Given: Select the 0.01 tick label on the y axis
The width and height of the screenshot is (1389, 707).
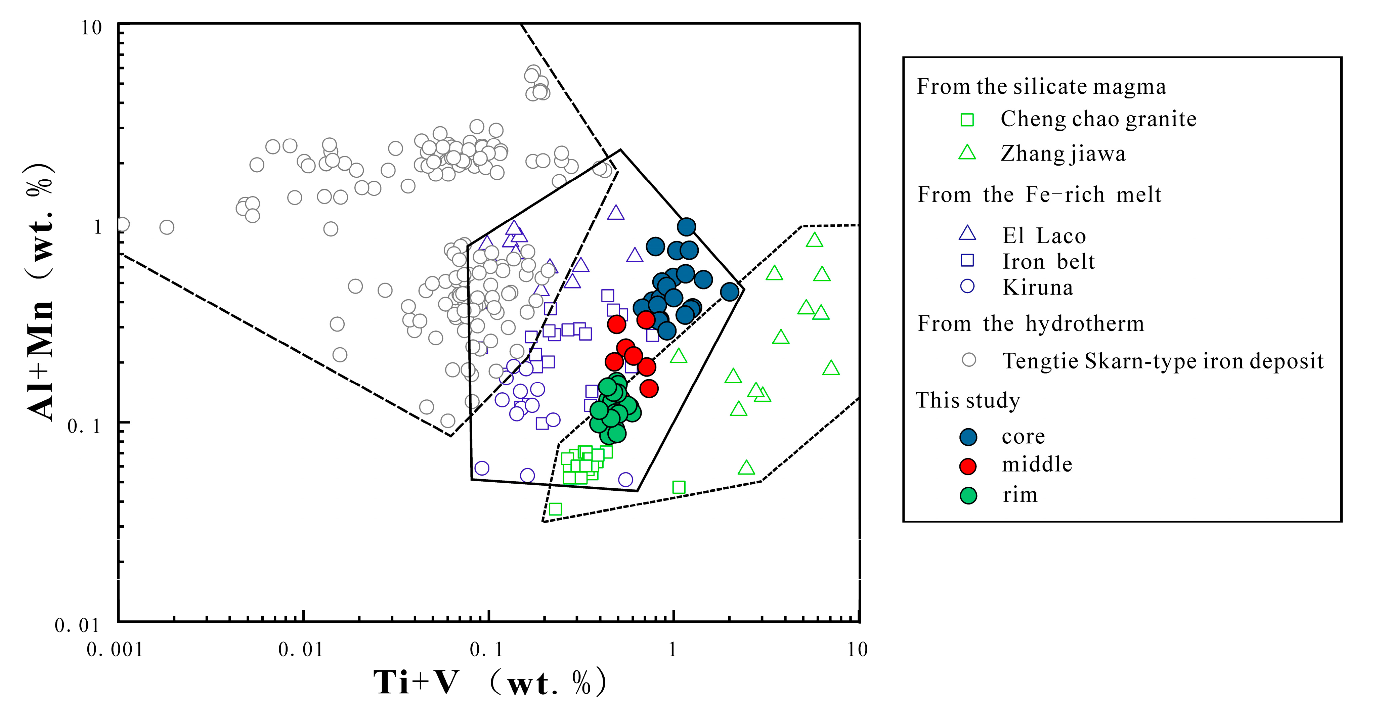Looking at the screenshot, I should [x=77, y=626].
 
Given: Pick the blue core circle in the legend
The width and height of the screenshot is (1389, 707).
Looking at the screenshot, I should [x=968, y=437].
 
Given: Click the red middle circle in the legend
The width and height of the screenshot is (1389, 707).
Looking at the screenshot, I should [x=968, y=466].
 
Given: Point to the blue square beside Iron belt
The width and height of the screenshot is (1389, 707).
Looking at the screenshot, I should [x=967, y=261].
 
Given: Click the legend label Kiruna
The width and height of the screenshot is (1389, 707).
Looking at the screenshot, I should [x=1037, y=288].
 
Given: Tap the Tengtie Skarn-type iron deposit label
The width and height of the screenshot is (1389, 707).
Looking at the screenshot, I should [x=1163, y=361].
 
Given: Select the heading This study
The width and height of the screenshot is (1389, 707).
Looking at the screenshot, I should [x=968, y=401].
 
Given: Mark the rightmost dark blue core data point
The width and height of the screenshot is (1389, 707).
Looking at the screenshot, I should [x=730, y=292].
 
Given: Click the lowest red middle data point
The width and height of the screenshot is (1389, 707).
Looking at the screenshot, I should [x=649, y=388].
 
